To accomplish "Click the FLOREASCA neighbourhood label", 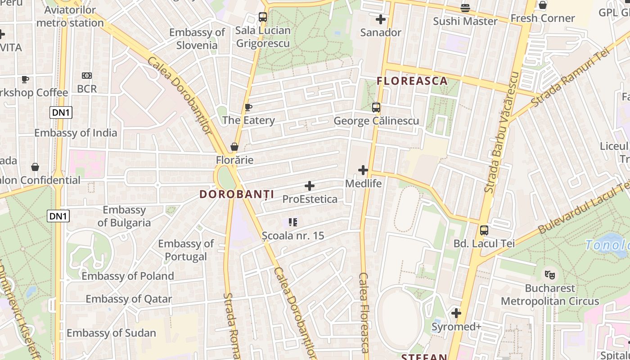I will click(412, 81).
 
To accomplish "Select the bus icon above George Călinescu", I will click(376, 108).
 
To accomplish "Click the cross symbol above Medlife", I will click(363, 170).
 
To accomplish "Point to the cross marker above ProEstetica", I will click(310, 185).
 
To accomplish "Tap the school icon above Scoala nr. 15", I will click(293, 222).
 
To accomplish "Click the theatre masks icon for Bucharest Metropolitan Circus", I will click(549, 274).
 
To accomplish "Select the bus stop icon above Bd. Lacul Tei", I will click(484, 230).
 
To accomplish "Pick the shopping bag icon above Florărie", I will click(234, 147).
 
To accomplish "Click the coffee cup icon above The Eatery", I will click(248, 107).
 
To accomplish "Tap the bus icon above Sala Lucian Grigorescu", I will click(263, 17).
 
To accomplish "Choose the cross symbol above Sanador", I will click(381, 19).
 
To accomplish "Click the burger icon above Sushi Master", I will click(465, 8).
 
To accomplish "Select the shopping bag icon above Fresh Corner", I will click(543, 5).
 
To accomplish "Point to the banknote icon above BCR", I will click(87, 76).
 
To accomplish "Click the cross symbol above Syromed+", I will click(456, 313).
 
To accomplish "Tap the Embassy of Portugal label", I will click(186, 250).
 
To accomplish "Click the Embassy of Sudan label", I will click(111, 333).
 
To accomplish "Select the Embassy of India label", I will click(76, 133).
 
